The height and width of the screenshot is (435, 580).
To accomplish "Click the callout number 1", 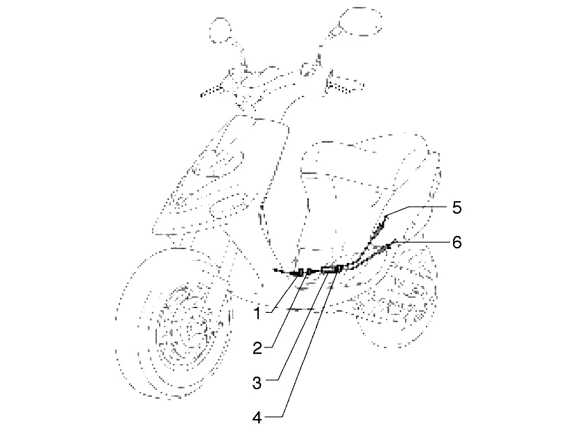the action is pyautogui.click(x=257, y=314).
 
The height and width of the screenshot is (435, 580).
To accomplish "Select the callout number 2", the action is pyautogui.click(x=257, y=348).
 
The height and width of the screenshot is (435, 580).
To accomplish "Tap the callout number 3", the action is pyautogui.click(x=257, y=383).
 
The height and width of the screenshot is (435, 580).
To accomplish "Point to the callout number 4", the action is pyautogui.click(x=257, y=418).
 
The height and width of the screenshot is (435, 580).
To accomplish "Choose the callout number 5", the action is pyautogui.click(x=457, y=207).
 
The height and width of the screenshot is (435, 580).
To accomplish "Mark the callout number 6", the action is pyautogui.click(x=457, y=243).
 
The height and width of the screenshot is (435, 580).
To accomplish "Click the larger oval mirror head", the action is pyautogui.click(x=359, y=21).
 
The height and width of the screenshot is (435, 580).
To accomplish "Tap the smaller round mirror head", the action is pyautogui.click(x=220, y=30).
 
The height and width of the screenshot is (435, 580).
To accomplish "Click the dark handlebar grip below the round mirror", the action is pyautogui.click(x=212, y=92).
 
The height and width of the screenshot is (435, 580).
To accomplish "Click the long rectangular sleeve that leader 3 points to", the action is pyautogui.click(x=327, y=269).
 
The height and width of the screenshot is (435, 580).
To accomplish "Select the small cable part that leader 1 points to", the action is pyautogui.click(x=300, y=273).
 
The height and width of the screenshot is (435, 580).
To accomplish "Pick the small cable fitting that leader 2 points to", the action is pyautogui.click(x=309, y=272).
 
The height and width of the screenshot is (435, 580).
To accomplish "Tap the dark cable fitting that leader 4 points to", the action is pyautogui.click(x=339, y=268).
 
